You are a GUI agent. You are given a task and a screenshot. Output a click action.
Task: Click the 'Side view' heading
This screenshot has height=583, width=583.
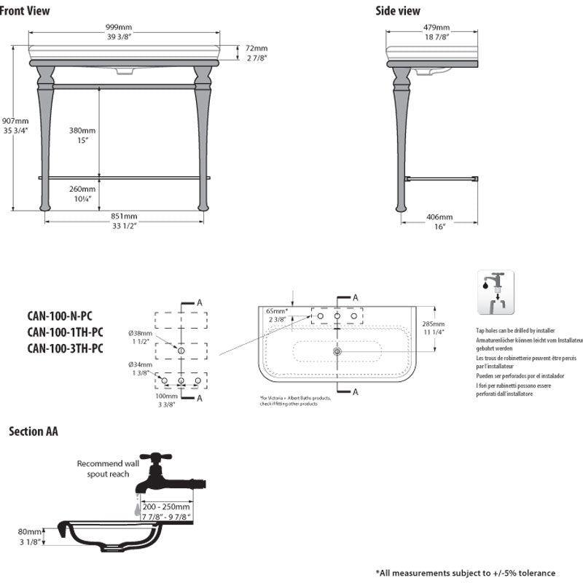click(x=398, y=10)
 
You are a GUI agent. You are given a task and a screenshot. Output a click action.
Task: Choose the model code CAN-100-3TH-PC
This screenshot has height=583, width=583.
click(x=65, y=348)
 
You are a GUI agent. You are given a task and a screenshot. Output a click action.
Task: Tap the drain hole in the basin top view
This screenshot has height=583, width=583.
click(x=337, y=351)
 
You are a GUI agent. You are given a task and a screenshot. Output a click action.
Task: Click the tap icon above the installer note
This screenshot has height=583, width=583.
click(x=496, y=292)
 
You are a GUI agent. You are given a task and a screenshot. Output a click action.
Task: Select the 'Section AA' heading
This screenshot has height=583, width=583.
click(x=34, y=431)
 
